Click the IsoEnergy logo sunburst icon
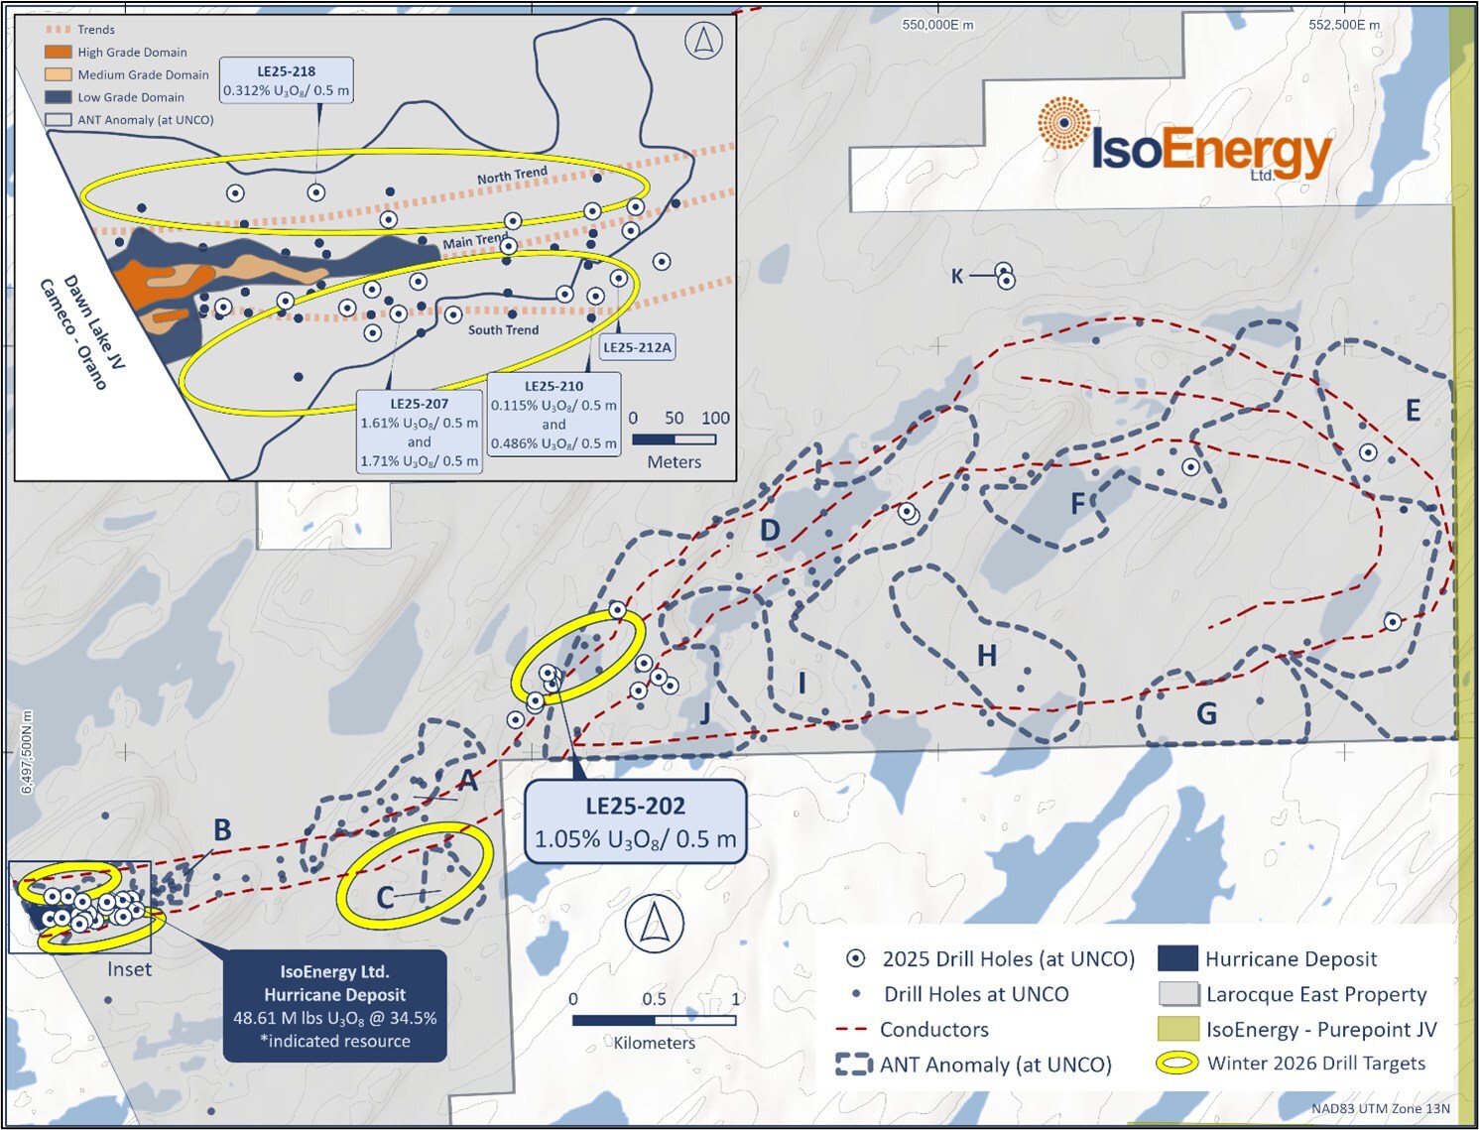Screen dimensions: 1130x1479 [x=1064, y=123]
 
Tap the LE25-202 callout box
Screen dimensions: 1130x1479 [x=635, y=822]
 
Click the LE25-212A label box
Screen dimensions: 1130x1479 [x=637, y=347]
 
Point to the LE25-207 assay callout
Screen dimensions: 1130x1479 [x=419, y=432]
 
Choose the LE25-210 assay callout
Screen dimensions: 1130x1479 [x=554, y=414]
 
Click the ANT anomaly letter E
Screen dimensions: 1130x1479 [x=1413, y=411]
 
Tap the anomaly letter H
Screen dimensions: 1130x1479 [x=986, y=656]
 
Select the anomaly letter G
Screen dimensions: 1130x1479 [x=1206, y=713]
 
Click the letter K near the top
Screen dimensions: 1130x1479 [x=957, y=276]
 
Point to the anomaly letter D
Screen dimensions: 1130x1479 [x=770, y=531]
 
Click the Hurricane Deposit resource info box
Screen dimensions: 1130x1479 [x=334, y=1006]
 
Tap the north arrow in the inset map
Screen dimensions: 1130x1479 [x=703, y=41]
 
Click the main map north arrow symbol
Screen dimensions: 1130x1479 [x=654, y=923]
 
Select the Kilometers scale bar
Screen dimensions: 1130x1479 [x=654, y=1020]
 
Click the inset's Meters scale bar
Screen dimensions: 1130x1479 [x=674, y=439]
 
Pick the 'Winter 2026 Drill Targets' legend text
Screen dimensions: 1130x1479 [x=1315, y=1064]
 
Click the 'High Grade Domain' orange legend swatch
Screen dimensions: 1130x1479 [x=59, y=52]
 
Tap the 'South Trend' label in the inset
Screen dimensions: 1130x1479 [x=503, y=330]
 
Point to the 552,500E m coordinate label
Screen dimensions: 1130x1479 [x=1343, y=25]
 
